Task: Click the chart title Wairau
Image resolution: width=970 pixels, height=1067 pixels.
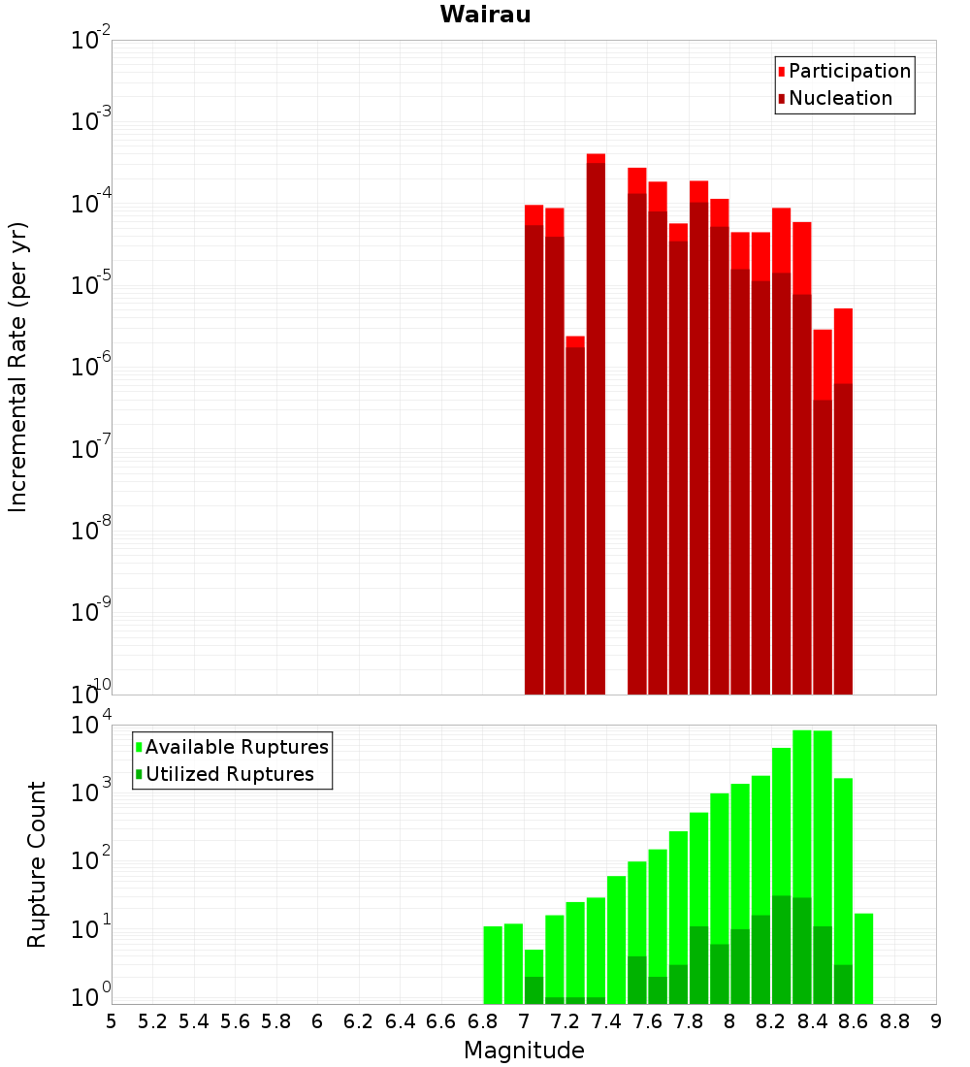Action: coord(485,15)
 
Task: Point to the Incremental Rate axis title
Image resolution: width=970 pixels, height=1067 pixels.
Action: coord(18,367)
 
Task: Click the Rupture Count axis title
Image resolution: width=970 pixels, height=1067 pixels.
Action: coord(37,864)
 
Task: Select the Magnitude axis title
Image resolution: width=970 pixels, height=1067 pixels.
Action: coord(524,1051)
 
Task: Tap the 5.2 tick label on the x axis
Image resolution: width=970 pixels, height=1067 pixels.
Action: coord(153,1021)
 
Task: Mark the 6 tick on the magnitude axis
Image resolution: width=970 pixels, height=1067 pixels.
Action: coord(318,1021)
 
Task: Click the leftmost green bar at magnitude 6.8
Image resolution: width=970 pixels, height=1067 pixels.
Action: coord(493,964)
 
